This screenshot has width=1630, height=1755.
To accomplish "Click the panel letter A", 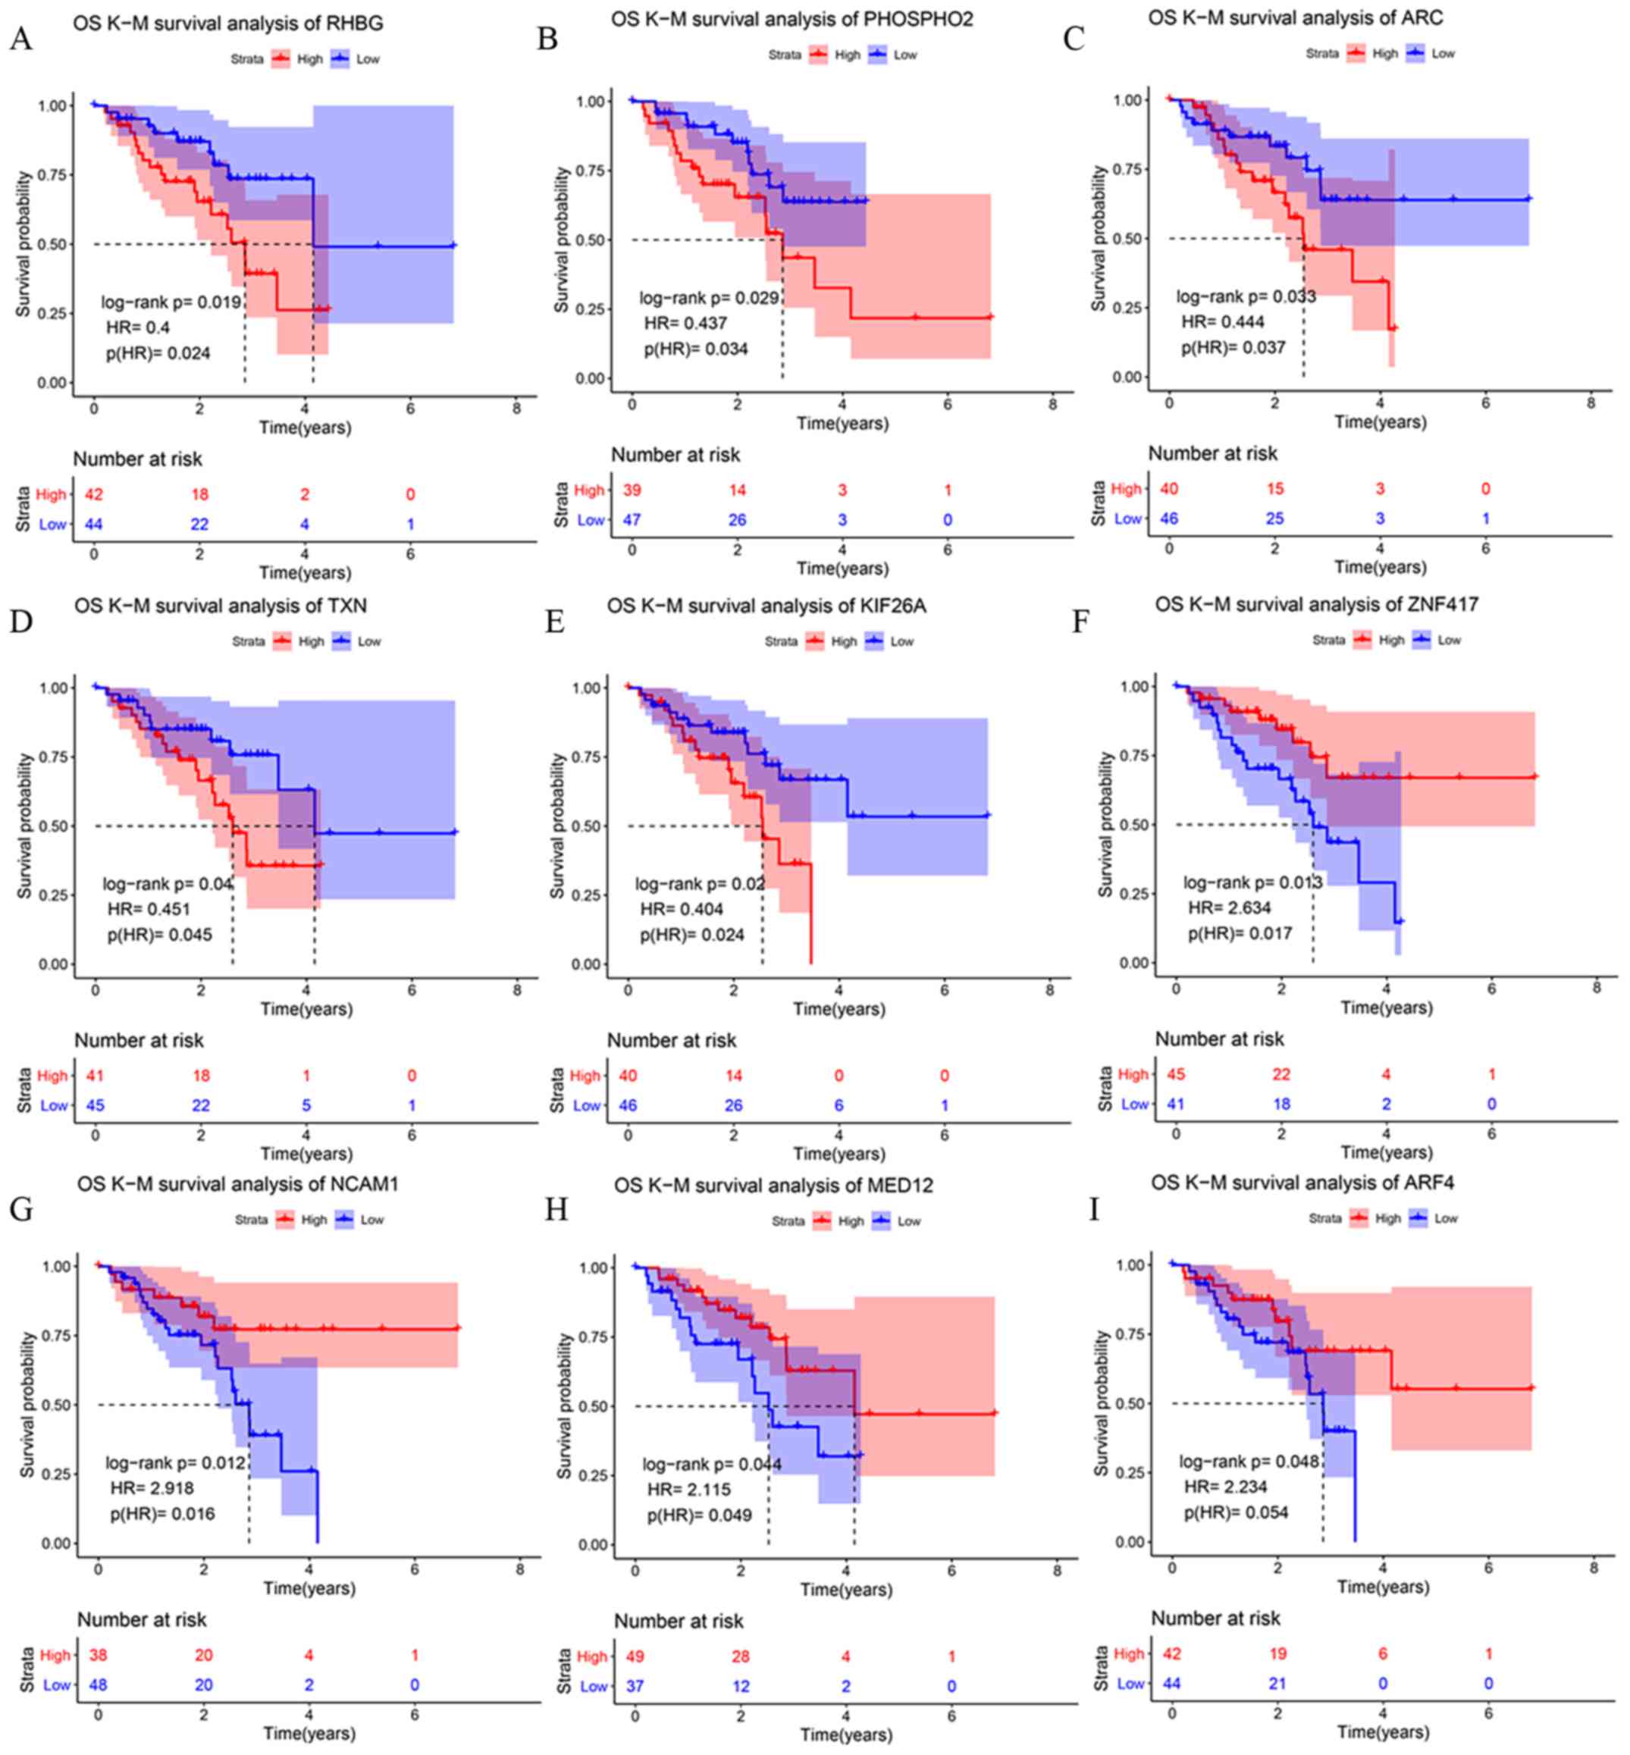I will click(x=20, y=39).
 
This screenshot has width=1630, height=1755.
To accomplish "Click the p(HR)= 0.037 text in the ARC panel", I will click(x=1233, y=347).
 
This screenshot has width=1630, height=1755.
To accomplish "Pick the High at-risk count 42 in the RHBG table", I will click(x=93, y=495).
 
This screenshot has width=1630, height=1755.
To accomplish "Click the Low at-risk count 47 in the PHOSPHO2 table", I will click(x=632, y=520).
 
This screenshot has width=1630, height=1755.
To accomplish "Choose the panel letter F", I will click(x=1080, y=622).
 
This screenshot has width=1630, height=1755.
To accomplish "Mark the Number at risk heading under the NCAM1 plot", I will click(x=141, y=1619).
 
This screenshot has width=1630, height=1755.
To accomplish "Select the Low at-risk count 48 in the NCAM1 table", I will click(x=98, y=1684).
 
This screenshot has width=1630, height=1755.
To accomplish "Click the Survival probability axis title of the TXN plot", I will click(x=25, y=826).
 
